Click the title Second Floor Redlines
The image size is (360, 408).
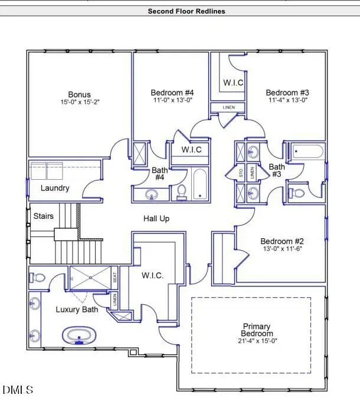pos(186,11)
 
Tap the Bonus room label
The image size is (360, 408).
pos(79,94)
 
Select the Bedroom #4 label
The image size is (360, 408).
pos(172,93)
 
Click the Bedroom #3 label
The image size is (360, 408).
pos(287,93)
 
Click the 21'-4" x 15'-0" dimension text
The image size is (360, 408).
pos(257,340)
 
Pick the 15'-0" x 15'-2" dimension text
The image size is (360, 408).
pos(79,102)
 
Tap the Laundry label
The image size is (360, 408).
pos(55,188)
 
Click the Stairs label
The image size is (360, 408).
pos(43,216)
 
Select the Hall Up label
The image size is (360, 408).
pos(156,219)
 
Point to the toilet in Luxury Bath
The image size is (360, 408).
pos(38,277)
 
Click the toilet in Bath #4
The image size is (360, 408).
pos(182,192)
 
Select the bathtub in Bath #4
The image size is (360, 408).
pos(199,183)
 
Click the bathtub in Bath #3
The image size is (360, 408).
pos(305,152)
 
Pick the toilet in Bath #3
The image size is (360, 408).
pos(296,192)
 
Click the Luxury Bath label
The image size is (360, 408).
pos(77,310)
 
